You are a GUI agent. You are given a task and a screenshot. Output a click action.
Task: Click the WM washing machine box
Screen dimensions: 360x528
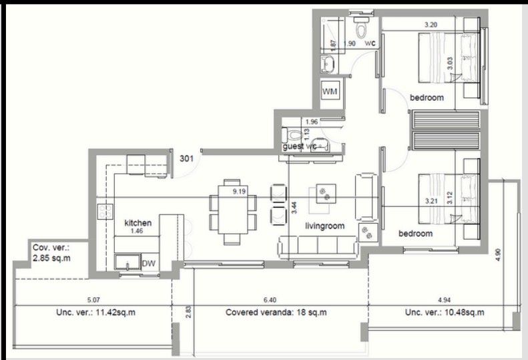coord(330,90)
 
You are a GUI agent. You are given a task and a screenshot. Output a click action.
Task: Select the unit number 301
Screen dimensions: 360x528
coord(188,158)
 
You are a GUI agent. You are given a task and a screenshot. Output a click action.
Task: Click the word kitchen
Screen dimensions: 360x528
coord(138,222)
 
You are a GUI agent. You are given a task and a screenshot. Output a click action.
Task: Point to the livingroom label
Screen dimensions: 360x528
coord(324,226)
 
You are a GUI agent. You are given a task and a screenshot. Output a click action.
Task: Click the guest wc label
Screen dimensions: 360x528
coord(298,146)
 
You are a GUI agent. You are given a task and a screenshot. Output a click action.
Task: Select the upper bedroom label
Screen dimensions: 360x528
coord(427,98)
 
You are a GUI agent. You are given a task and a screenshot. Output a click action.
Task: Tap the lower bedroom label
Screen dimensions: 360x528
coord(415,234)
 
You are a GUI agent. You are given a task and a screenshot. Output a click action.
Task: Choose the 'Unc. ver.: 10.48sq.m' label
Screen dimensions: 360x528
coord(444,312)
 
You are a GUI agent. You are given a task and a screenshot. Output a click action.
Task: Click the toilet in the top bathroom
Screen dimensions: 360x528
coord(361,30)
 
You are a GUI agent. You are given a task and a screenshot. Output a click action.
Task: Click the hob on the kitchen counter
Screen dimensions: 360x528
coord(105,211)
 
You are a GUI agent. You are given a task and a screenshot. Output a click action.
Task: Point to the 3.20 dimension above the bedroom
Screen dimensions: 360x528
coord(432,25)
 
